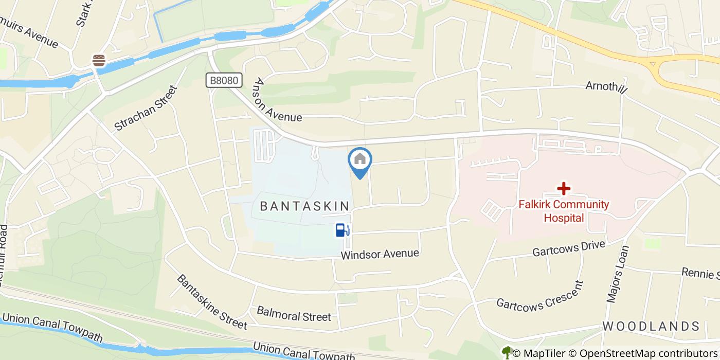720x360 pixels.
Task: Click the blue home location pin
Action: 360,160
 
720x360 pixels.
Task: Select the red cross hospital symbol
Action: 564,188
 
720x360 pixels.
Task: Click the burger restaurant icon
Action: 99,60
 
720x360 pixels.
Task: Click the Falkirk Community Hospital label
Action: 564,211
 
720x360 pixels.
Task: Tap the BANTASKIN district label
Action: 305,206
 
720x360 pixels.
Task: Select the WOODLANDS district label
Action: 651,326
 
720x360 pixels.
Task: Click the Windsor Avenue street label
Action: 380,254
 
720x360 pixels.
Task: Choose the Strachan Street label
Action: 146,108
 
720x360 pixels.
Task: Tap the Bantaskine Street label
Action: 211,301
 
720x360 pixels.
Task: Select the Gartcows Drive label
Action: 568,249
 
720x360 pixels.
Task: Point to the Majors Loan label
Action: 618,274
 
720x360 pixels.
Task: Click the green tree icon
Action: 507,352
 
